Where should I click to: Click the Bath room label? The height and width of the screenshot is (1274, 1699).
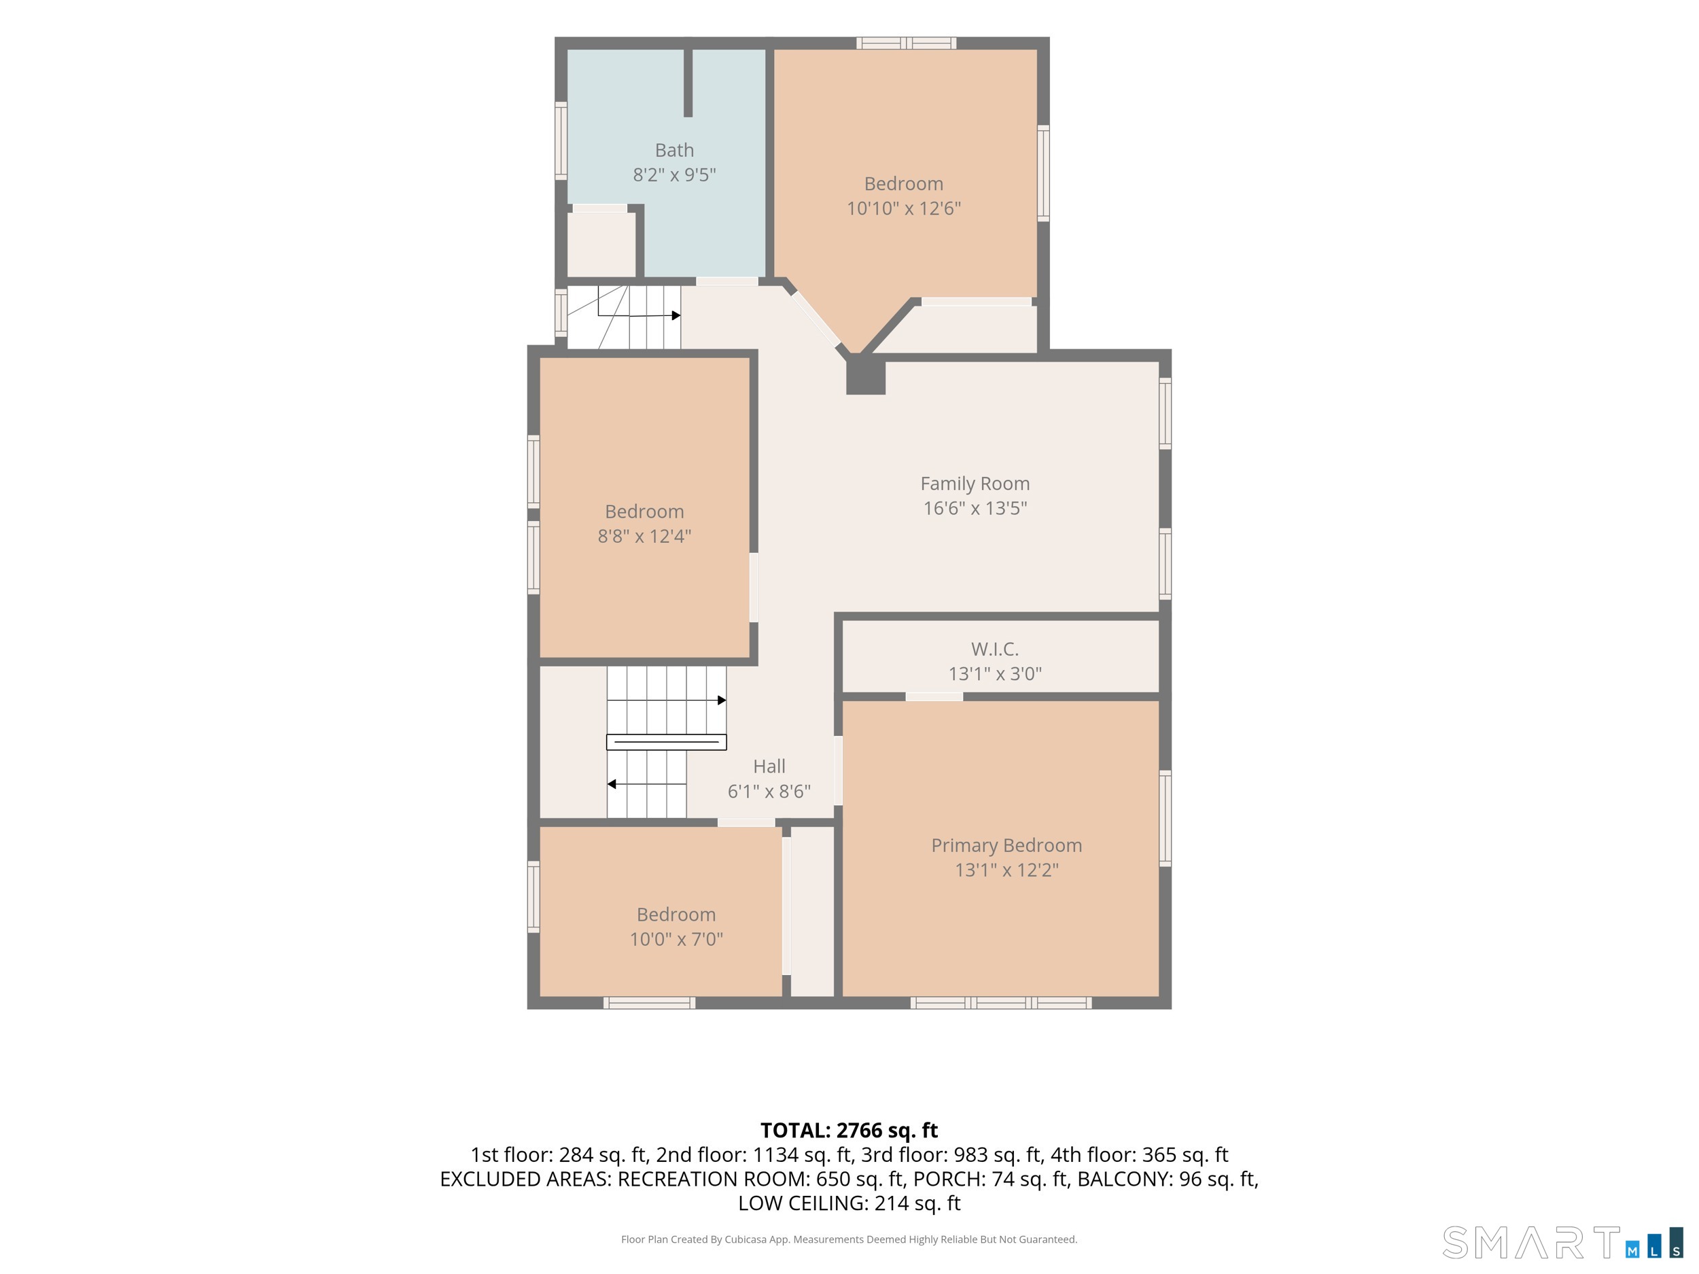tap(674, 151)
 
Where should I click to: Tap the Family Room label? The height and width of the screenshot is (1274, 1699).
tap(975, 484)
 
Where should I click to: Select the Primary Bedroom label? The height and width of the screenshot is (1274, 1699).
tap(1006, 845)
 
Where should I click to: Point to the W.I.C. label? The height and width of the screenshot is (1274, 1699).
tap(995, 650)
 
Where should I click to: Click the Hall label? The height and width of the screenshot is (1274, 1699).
tap(769, 766)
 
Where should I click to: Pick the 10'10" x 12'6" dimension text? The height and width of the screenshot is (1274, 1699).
tap(903, 208)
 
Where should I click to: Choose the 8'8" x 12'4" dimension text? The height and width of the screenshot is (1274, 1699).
tap(644, 536)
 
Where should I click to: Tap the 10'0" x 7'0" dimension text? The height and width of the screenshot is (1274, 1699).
tap(676, 939)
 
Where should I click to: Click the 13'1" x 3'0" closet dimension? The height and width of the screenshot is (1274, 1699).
tap(995, 673)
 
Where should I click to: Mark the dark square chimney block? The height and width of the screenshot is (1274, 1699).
tap(866, 376)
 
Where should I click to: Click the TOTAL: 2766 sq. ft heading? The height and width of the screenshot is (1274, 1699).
tap(849, 1131)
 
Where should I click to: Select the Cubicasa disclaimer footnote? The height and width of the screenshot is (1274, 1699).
tap(849, 1239)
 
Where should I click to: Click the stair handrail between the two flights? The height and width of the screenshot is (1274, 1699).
tap(667, 742)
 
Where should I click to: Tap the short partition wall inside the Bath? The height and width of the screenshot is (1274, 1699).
tap(688, 83)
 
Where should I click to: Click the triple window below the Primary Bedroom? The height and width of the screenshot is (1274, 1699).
tap(1001, 1003)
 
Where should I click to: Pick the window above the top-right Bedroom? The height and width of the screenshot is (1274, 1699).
tap(907, 43)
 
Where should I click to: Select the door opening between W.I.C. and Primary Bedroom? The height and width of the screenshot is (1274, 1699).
tap(934, 696)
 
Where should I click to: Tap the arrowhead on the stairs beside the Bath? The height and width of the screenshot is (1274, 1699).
tap(676, 316)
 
